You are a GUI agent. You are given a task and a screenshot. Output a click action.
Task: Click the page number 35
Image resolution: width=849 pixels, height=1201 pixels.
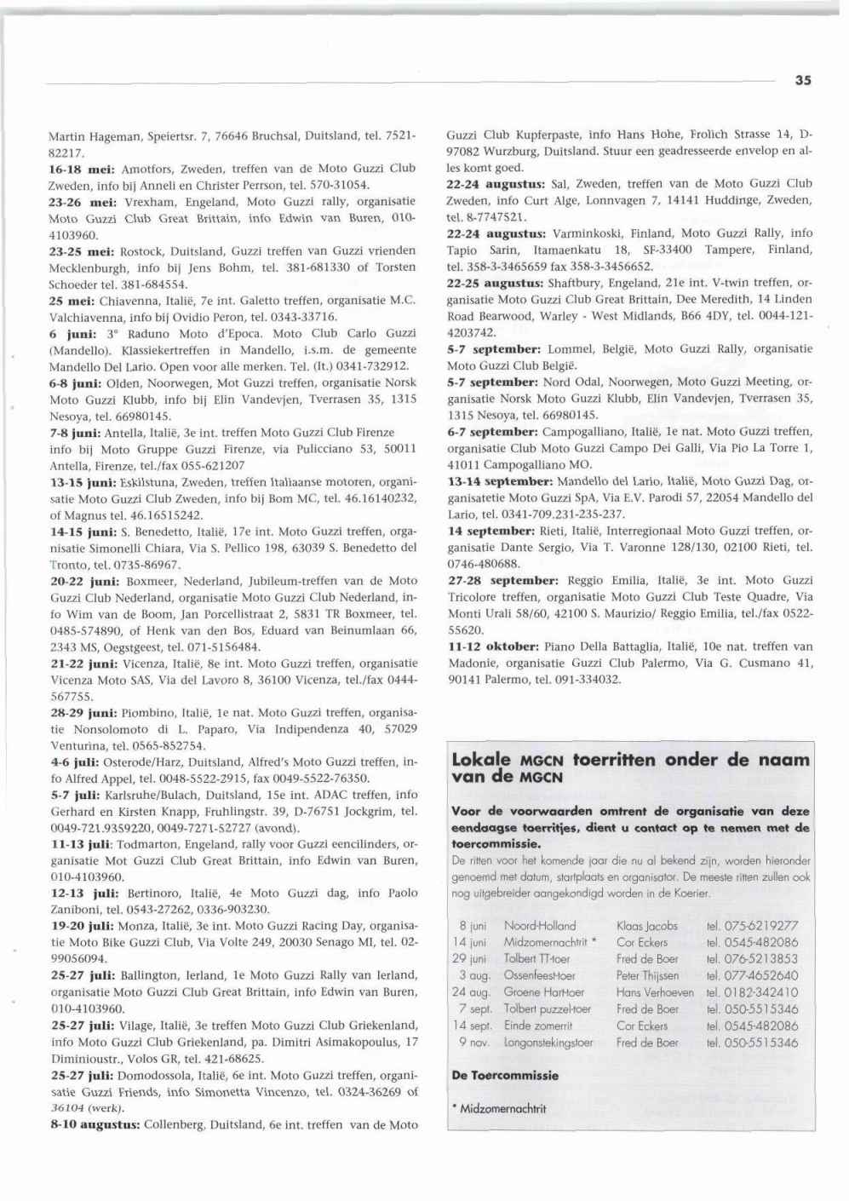pyautogui.click(x=803, y=80)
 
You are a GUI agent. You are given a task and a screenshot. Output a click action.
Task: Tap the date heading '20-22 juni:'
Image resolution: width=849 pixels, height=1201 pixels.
pyautogui.click(x=85, y=581)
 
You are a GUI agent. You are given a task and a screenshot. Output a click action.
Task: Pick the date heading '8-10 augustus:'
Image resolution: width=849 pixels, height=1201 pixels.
pyautogui.click(x=95, y=1125)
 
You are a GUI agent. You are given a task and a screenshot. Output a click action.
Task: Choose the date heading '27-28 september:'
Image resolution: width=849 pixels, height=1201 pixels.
pyautogui.click(x=503, y=580)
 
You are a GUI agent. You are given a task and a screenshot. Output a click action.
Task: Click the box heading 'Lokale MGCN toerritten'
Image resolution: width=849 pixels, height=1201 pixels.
pyautogui.click(x=630, y=767)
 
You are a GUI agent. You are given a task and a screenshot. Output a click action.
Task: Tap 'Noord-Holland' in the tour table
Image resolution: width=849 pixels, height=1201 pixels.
pyautogui.click(x=540, y=926)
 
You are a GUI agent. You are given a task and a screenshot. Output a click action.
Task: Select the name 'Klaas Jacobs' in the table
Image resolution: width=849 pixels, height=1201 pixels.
pyautogui.click(x=647, y=926)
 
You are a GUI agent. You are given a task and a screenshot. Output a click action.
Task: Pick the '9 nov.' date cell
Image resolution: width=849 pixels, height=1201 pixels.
pyautogui.click(x=473, y=1042)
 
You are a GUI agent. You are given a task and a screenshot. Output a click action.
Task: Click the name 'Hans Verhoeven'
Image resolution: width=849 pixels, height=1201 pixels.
pyautogui.click(x=655, y=992)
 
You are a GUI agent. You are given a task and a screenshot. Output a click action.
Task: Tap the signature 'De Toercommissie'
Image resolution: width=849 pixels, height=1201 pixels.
pyautogui.click(x=505, y=1076)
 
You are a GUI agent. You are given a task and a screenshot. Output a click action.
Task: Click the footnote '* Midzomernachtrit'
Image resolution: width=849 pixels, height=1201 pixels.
pyautogui.click(x=498, y=1108)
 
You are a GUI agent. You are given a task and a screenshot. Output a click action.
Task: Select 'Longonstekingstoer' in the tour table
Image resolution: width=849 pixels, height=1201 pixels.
pyautogui.click(x=548, y=1042)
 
